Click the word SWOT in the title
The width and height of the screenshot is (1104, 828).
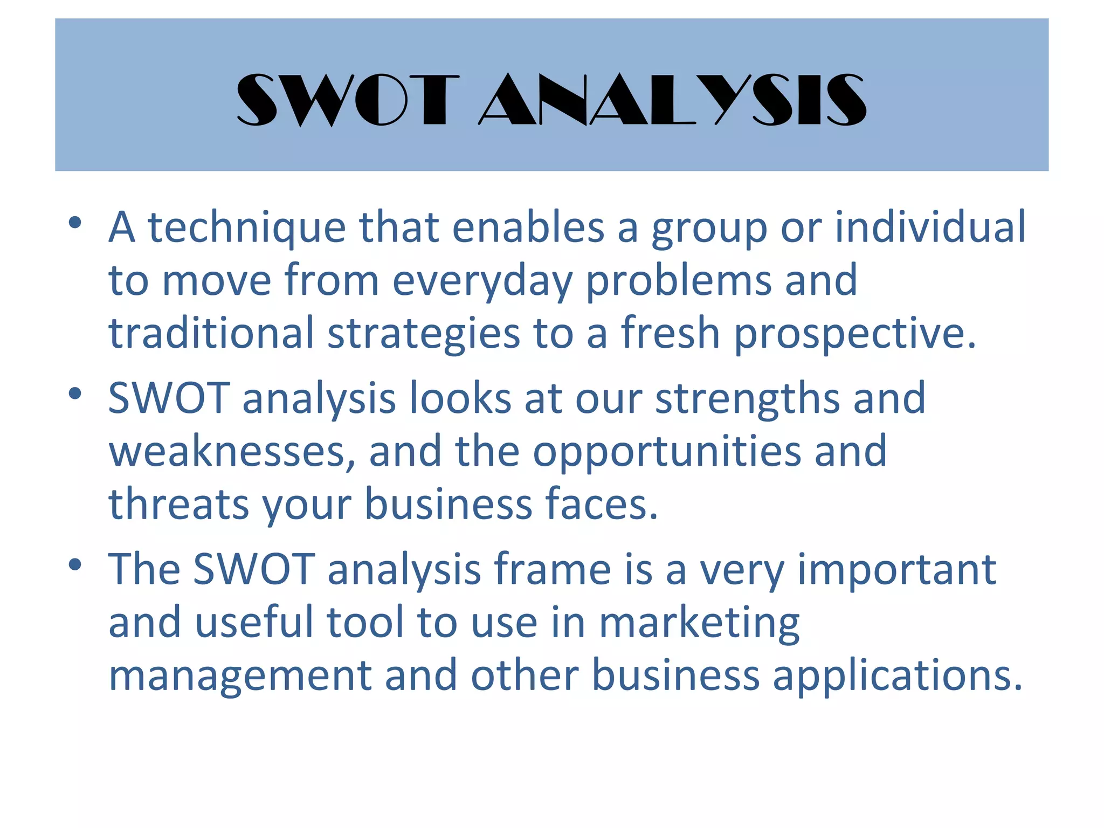(x=348, y=100)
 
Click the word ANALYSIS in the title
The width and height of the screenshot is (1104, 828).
(x=673, y=100)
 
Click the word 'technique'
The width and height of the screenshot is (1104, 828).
(x=246, y=228)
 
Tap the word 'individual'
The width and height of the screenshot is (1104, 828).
(x=930, y=227)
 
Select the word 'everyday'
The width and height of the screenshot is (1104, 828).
(x=482, y=281)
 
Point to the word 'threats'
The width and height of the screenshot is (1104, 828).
(x=178, y=503)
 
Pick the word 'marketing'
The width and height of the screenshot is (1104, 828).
(x=699, y=623)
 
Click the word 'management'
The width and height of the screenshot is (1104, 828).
(x=240, y=676)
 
